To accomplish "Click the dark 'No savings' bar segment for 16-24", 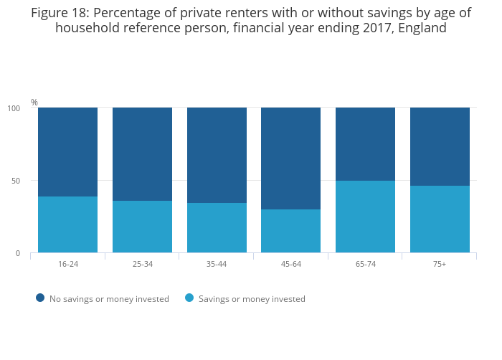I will (x=67, y=152).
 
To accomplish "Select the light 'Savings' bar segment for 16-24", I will (x=67, y=224).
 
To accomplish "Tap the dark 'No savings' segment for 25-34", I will (x=142, y=154).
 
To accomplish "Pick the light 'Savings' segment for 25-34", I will (x=142, y=227).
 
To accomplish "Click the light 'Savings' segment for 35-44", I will (x=217, y=228).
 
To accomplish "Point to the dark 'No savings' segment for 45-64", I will (x=290, y=158).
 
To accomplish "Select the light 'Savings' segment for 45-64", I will (x=290, y=231).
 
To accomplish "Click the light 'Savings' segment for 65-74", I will (x=365, y=217).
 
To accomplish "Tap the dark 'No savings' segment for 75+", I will (x=440, y=147).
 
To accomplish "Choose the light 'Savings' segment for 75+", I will (x=440, y=219).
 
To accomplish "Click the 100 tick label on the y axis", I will (x=14, y=108).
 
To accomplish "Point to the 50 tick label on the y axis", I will (x=15, y=181).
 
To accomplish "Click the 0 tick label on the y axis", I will (x=17, y=253).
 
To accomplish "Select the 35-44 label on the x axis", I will (x=217, y=265).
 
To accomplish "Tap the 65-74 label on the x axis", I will (x=365, y=265).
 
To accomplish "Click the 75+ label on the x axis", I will (x=440, y=265).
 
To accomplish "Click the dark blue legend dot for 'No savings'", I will (x=40, y=298).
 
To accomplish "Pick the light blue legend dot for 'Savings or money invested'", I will (x=189, y=298).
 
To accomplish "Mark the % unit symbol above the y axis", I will (x=34, y=103).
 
